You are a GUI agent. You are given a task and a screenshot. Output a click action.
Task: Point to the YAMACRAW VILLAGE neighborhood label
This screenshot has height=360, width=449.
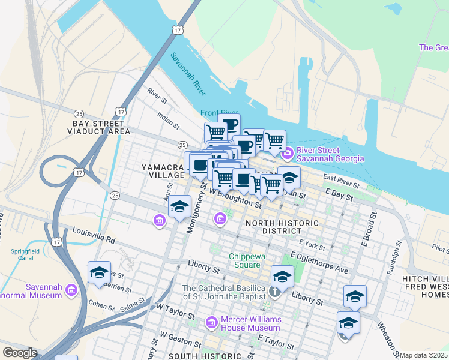pyautogui.click(x=162, y=170)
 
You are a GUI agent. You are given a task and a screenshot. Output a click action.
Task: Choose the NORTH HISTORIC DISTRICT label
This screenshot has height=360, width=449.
pyautogui.click(x=282, y=227)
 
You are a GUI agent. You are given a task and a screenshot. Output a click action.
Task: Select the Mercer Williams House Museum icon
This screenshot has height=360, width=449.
pyautogui.click(x=211, y=323)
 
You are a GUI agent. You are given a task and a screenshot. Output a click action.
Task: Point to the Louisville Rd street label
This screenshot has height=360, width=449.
pyautogui.click(x=94, y=234)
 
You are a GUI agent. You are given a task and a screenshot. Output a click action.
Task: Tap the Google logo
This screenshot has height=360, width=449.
pyautogui.click(x=19, y=353)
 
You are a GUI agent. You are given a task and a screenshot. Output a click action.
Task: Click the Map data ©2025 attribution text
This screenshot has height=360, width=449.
pyautogui.click(x=423, y=355)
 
